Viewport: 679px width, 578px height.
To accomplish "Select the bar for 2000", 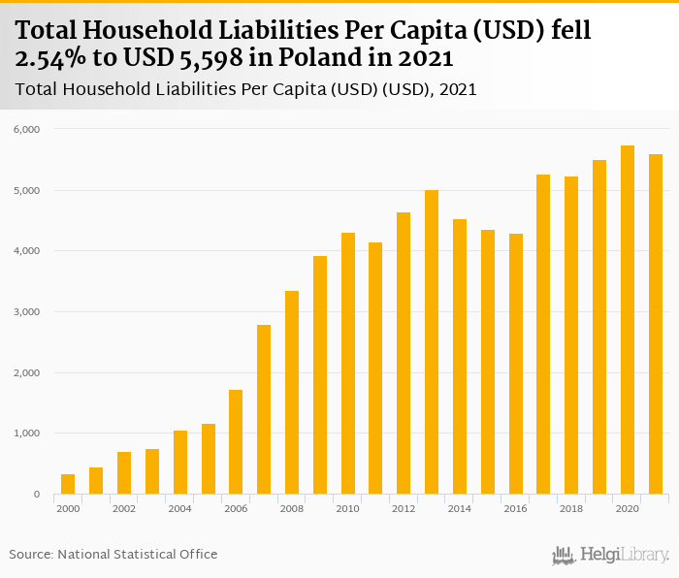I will point(68,484).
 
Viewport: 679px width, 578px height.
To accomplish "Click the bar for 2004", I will point(180,463).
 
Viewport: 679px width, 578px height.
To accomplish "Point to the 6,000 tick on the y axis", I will point(25,129).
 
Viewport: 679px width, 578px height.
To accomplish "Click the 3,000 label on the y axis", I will point(25,312).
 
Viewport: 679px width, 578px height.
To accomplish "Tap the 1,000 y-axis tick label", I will point(25,433).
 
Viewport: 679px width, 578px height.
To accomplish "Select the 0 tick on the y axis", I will point(35,495).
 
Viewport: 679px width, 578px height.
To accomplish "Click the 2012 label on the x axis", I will point(404,509).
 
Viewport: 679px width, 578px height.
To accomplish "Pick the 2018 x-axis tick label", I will point(571,509).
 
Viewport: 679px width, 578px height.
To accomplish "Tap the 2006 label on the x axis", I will point(236,509).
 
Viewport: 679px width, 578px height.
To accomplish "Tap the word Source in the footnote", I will point(30,555).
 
